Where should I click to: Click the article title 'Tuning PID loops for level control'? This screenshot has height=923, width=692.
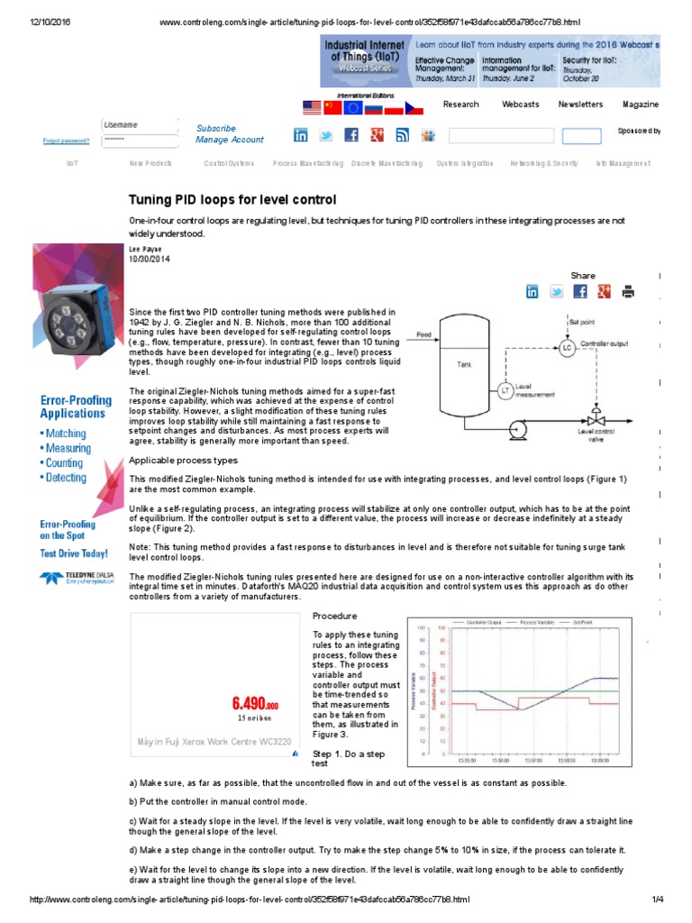coord(232,199)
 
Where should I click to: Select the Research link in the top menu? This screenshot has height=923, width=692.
coord(460,105)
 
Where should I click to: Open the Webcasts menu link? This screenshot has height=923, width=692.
coord(520,105)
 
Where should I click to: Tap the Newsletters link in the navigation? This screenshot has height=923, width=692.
coord(580,105)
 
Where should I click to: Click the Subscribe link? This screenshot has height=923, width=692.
coord(216,129)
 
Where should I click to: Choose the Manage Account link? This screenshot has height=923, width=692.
coord(230,140)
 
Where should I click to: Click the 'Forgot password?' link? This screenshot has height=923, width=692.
coord(66,141)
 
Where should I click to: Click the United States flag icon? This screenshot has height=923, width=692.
coord(312,108)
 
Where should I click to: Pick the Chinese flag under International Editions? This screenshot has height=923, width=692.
coord(332,108)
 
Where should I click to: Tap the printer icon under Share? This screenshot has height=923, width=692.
coord(628,291)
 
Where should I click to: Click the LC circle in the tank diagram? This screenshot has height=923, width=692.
coord(567,347)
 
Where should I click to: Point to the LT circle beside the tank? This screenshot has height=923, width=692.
coord(505,390)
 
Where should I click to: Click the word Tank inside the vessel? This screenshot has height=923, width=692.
coord(465,365)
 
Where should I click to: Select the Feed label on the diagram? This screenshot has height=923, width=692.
coord(423,334)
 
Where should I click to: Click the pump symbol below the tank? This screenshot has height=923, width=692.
coord(518,425)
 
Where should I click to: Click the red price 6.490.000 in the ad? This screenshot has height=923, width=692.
coord(254,703)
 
